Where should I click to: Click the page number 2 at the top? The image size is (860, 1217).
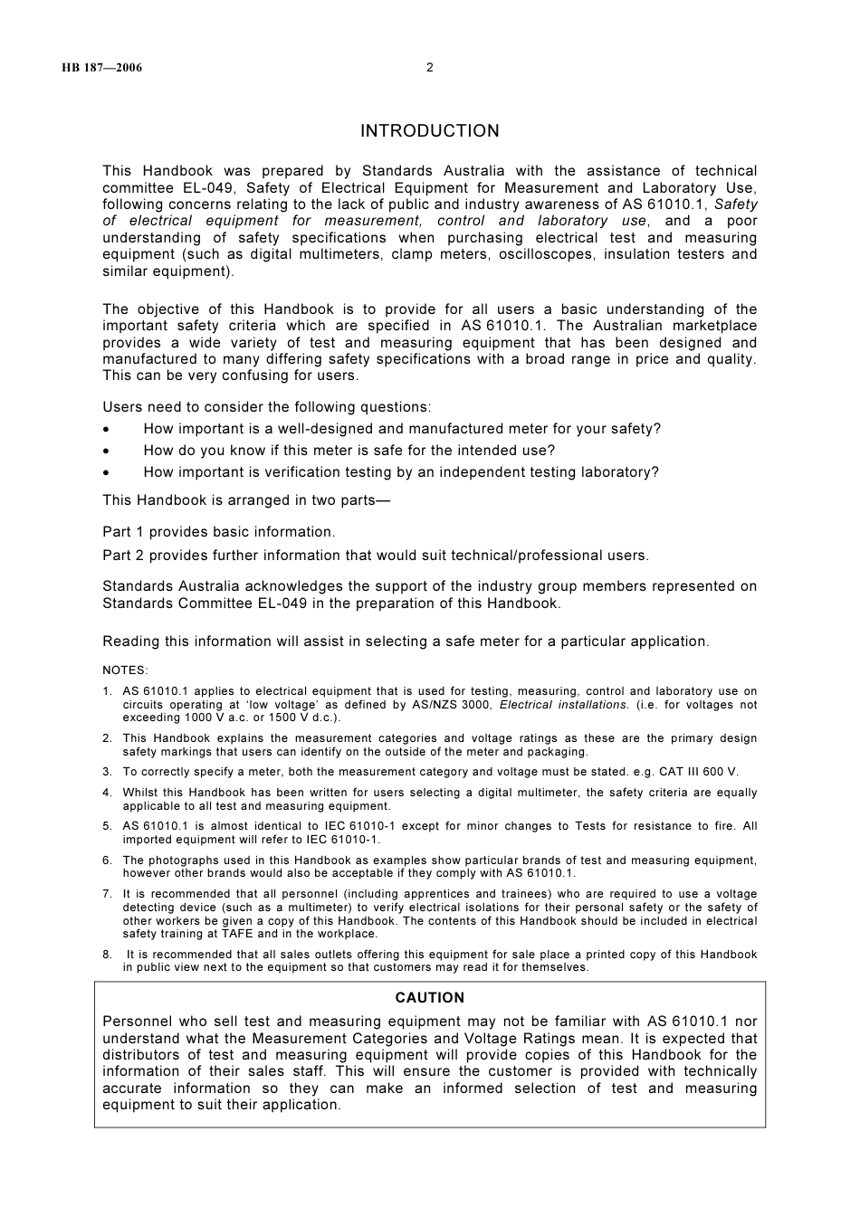point(430,67)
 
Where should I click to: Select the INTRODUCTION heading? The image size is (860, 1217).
point(429,131)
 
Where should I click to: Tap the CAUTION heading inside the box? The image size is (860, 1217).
point(429,998)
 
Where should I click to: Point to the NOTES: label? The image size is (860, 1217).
point(125,670)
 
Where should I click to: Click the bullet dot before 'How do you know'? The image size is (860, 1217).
point(107,452)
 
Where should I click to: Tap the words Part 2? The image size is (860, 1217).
point(123,556)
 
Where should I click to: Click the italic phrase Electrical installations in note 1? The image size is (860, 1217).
point(563,705)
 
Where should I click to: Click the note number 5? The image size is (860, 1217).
point(107,826)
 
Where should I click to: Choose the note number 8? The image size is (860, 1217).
point(107,955)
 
